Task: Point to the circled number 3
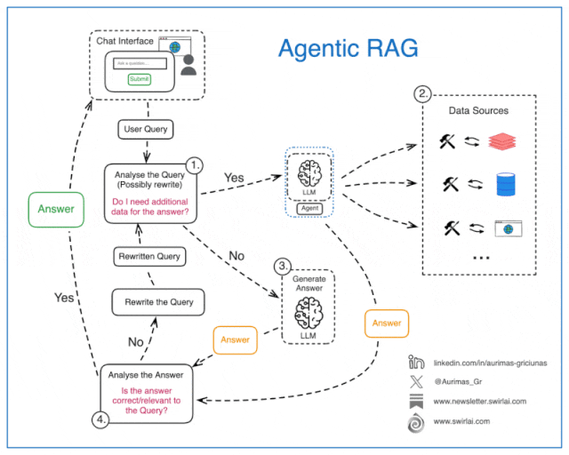(x=280, y=265)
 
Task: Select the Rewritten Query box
(x=149, y=256)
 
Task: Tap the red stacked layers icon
(x=502, y=141)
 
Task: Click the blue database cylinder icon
(x=504, y=184)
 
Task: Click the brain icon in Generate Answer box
(x=307, y=307)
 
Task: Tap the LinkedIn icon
(x=415, y=363)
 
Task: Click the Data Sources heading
(x=478, y=110)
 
